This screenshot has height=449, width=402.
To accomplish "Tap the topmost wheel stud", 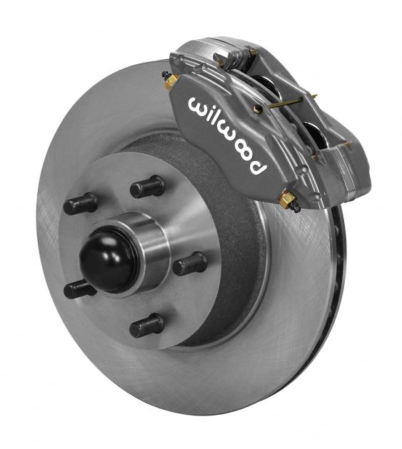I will (x=147, y=187).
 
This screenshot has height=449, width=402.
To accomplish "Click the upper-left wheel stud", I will (x=80, y=205).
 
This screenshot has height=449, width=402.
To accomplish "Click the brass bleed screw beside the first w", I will (x=171, y=81).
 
